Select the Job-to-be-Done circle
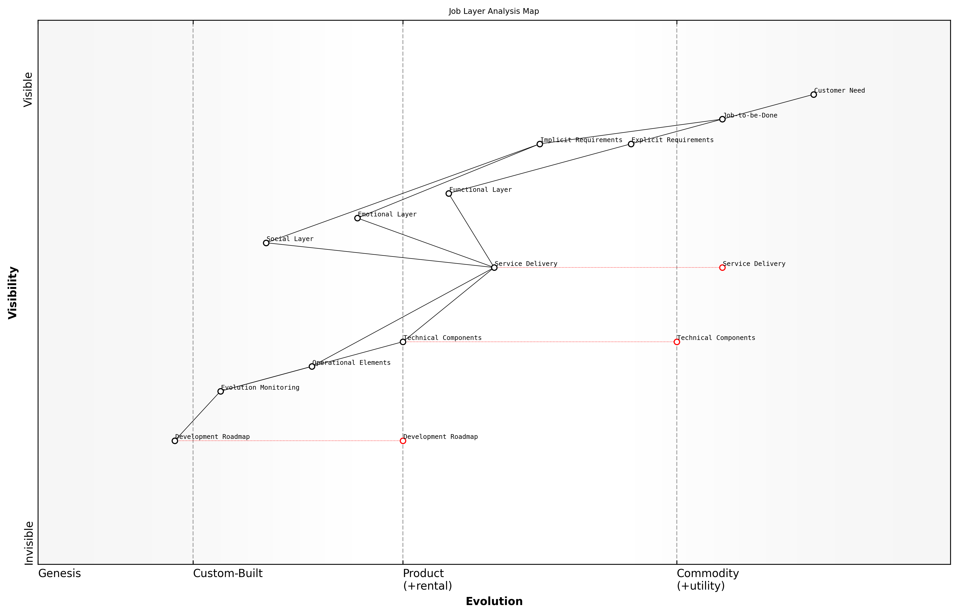(x=722, y=119)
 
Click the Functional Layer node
(x=449, y=194)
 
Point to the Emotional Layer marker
(x=357, y=218)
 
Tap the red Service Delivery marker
(x=722, y=267)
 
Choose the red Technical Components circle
(x=677, y=342)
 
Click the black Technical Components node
(x=403, y=342)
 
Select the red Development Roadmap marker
(x=403, y=441)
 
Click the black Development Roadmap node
(x=175, y=441)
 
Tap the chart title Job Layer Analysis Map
(x=494, y=11)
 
